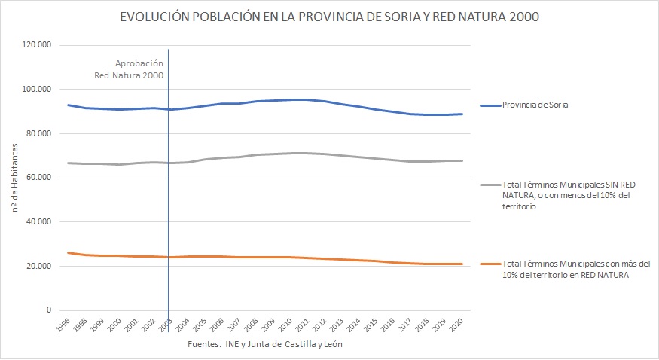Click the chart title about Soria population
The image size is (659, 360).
pyautogui.click(x=329, y=17)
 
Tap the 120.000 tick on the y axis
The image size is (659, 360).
pyautogui.click(x=37, y=45)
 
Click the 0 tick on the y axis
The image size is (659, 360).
pyautogui.click(x=48, y=310)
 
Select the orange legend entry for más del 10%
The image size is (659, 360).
pyautogui.click(x=576, y=270)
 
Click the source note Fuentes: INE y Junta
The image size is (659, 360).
pyautogui.click(x=268, y=345)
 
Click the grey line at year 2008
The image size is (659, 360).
pyautogui.click(x=257, y=155)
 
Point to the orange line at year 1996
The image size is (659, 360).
pyautogui.click(x=69, y=253)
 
